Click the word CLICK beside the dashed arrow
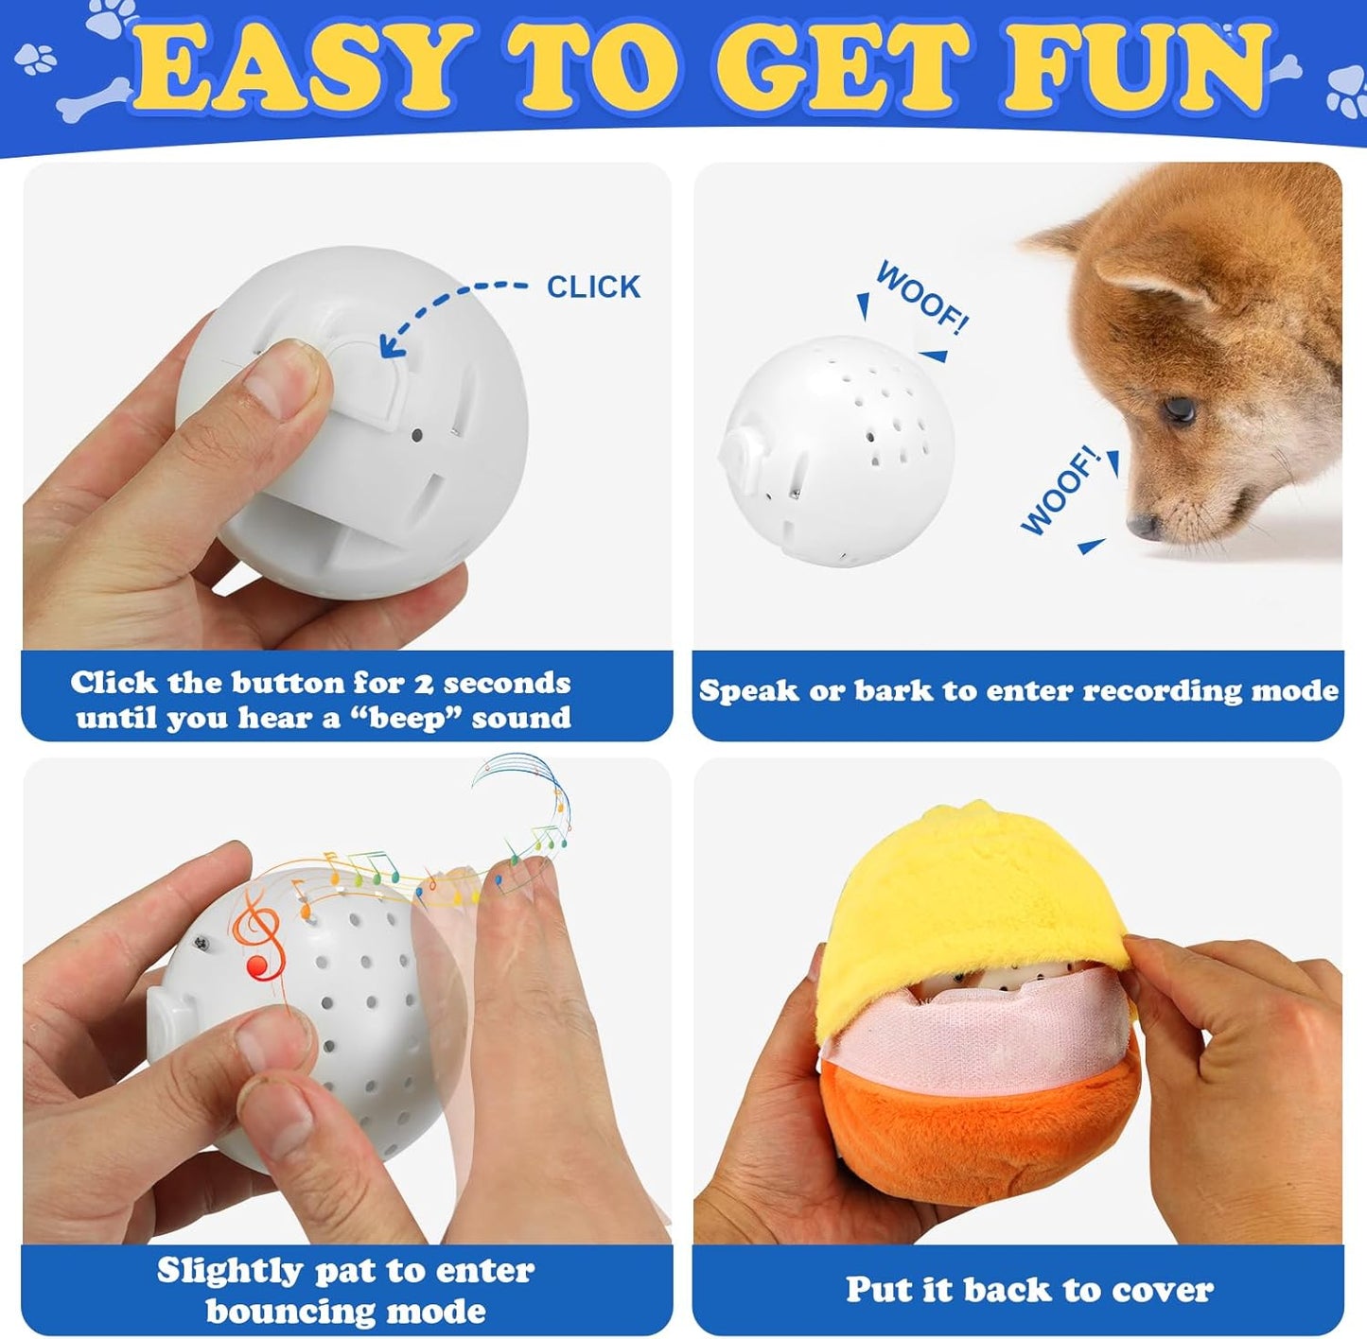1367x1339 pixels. pos(593,287)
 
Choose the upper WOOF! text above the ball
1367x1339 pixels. pos(922,297)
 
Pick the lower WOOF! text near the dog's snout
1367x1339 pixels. pos(1060,491)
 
